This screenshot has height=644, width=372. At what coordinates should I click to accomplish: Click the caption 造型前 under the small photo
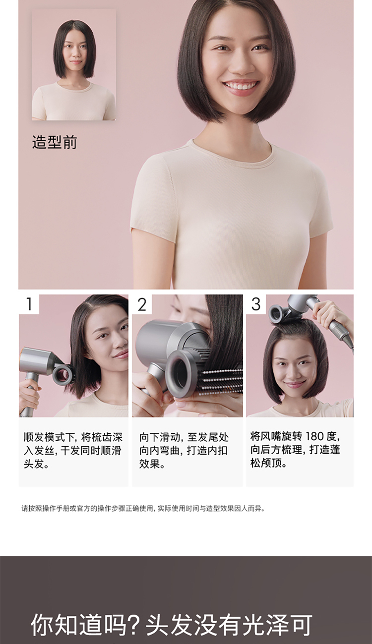click(x=55, y=142)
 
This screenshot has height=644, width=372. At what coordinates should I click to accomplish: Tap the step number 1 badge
click(x=29, y=304)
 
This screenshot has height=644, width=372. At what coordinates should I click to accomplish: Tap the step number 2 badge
click(x=142, y=304)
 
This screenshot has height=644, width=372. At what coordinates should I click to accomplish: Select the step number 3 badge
click(x=256, y=304)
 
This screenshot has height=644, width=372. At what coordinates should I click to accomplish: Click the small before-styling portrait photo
click(x=73, y=64)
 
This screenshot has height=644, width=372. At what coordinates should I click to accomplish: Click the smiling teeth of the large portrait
click(x=240, y=85)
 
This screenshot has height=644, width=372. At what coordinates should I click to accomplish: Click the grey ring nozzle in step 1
click(x=62, y=374)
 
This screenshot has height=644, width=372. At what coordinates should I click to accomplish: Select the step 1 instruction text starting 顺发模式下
click(x=73, y=451)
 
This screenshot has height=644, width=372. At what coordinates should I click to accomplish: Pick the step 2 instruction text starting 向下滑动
click(x=184, y=451)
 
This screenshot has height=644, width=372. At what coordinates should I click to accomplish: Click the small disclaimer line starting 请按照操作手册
click(x=143, y=509)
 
